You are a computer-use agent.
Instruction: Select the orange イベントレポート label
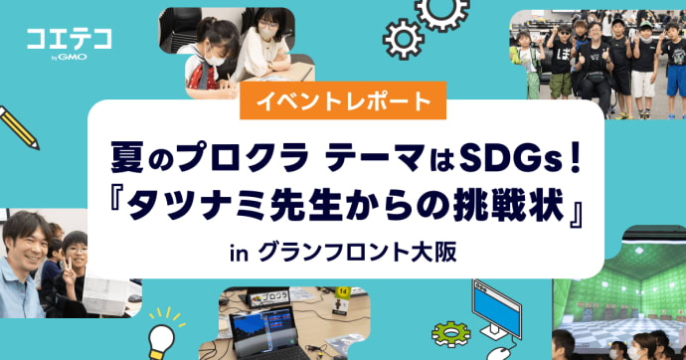(x=343, y=99)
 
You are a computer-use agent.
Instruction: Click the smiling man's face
(x=24, y=243)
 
